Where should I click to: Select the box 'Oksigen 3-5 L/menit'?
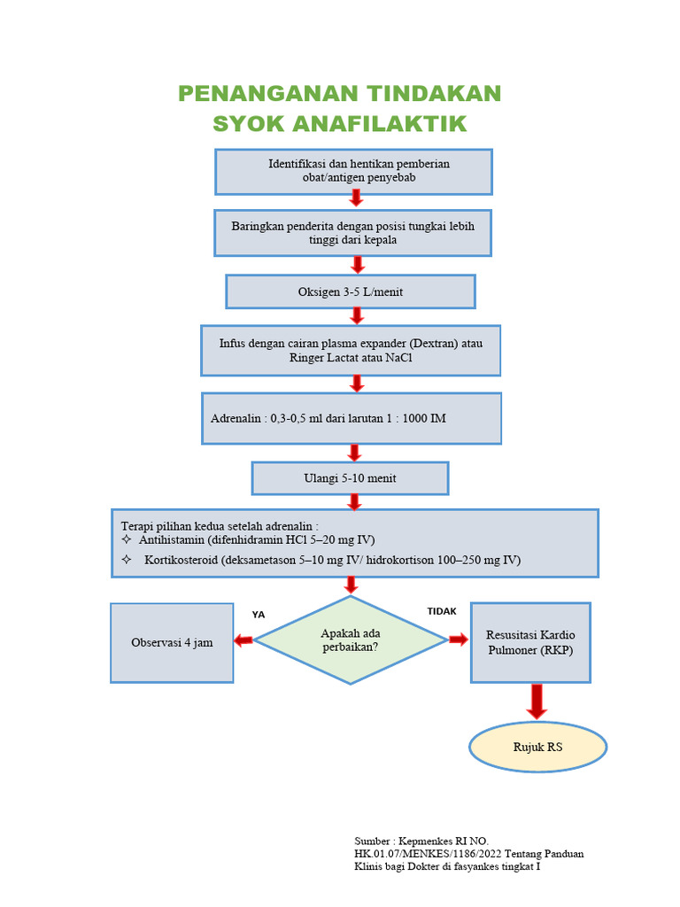[351, 291]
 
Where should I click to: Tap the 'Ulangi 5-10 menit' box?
[350, 478]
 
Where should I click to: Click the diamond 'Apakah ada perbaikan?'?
[351, 640]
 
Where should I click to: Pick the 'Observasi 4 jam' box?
[172, 642]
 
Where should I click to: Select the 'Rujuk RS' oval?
[537, 747]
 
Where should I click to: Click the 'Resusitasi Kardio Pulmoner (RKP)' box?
[530, 642]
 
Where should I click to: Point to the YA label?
[259, 614]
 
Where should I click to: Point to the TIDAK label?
[442, 611]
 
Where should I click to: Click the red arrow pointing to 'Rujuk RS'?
[537, 701]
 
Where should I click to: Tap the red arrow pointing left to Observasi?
[243, 640]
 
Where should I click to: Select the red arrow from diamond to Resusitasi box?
[459, 640]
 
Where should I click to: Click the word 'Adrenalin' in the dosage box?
[236, 418]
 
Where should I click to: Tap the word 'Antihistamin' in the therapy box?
[171, 539]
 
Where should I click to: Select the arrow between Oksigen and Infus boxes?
[357, 316]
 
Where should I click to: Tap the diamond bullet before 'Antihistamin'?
[125, 539]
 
